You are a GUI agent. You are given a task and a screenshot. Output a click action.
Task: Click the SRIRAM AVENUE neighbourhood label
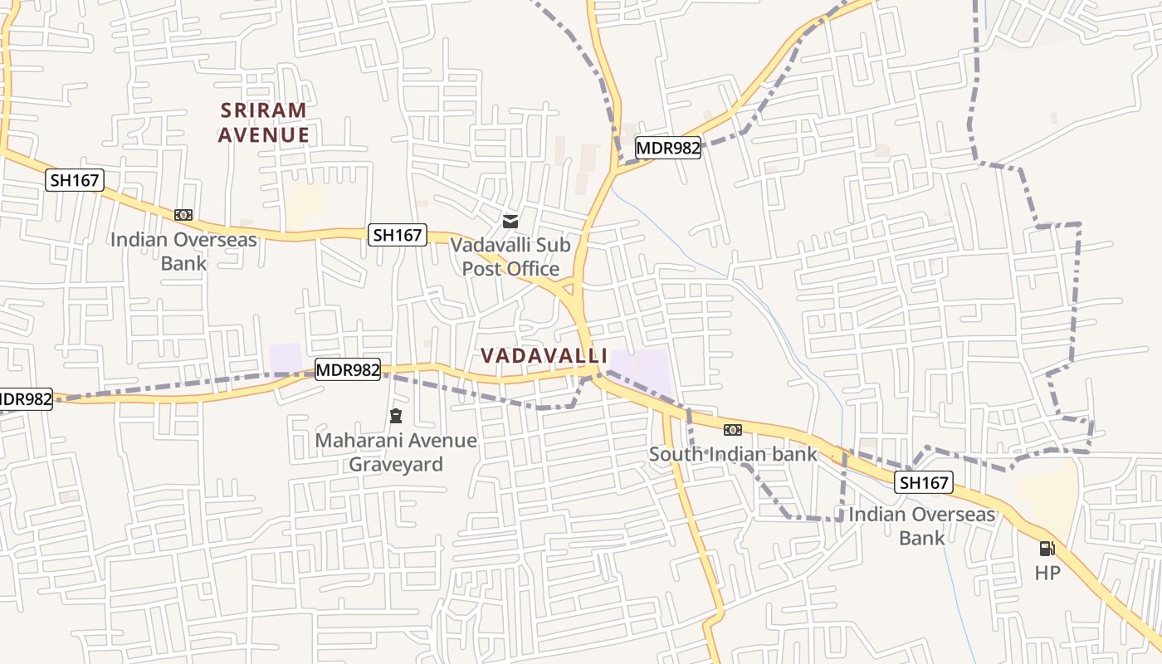point(263,122)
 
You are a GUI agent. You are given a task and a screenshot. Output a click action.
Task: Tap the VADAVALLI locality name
point(544,355)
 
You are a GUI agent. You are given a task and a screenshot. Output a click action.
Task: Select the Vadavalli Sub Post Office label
point(510,256)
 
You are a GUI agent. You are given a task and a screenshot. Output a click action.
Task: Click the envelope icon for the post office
point(510,222)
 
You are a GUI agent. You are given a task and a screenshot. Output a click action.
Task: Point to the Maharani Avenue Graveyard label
point(396,452)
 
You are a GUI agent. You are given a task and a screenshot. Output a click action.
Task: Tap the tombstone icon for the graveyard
point(396,416)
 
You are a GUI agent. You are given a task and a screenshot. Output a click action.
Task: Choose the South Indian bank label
point(733,454)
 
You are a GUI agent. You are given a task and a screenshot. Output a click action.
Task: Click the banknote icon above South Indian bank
point(732,429)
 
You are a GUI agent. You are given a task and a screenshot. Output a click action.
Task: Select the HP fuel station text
point(1047,573)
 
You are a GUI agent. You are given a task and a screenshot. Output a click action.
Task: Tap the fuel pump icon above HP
point(1047,549)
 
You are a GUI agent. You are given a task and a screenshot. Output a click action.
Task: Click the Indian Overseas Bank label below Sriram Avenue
point(183,251)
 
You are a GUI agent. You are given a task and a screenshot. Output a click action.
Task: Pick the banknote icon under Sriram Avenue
point(183,215)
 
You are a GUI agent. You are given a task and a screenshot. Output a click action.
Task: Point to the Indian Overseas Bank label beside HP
point(921,525)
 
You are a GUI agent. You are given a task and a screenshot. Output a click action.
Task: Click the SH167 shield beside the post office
point(398,235)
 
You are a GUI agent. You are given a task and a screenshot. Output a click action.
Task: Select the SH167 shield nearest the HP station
point(924,482)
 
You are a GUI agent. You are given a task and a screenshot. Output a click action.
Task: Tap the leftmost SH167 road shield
point(74,180)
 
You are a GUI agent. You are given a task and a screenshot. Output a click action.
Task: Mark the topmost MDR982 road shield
point(668,148)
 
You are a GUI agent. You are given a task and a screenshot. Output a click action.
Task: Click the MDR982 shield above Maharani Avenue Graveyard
point(348,369)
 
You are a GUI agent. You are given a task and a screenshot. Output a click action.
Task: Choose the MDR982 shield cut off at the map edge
point(25,399)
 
